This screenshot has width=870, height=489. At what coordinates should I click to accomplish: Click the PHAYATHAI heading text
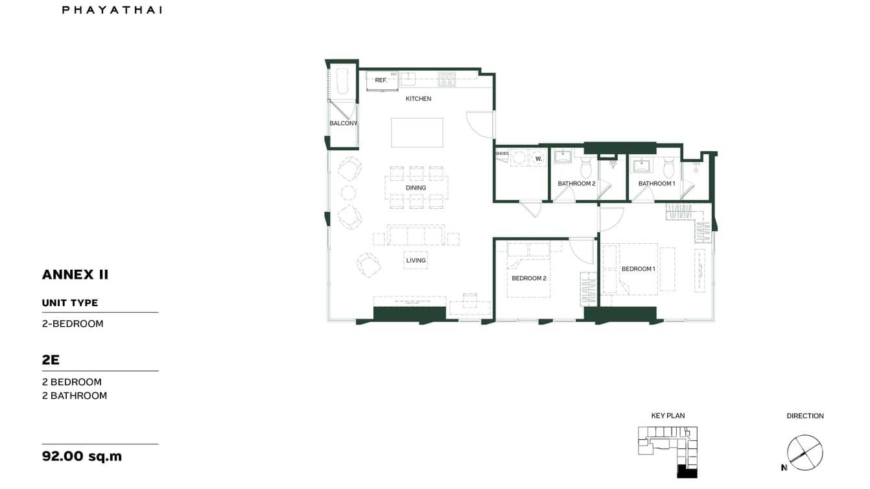[x=112, y=10]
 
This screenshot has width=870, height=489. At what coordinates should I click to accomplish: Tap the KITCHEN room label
[x=418, y=99]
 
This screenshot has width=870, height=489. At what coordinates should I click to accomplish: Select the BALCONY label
[x=343, y=123]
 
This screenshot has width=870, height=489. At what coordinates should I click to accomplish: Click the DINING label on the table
[x=416, y=188]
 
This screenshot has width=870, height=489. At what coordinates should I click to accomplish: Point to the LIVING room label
[x=416, y=261]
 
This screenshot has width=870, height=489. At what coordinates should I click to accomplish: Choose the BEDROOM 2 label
[x=529, y=278]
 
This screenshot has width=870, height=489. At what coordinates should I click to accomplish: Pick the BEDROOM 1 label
[x=638, y=268]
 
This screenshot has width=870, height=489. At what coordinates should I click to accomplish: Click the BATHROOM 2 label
[x=576, y=184]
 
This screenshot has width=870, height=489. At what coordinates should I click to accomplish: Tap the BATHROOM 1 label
[x=657, y=184]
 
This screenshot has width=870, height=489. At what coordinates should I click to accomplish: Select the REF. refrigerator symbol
[x=381, y=80]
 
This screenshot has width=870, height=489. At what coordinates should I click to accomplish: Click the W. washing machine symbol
[x=538, y=158]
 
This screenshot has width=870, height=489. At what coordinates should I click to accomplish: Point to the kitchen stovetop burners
[x=446, y=80]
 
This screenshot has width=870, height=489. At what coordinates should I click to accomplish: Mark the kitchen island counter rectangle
[x=417, y=132]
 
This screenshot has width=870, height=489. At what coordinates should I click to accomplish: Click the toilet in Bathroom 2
[x=586, y=169]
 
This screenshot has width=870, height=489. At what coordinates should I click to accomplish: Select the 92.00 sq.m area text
[x=82, y=456]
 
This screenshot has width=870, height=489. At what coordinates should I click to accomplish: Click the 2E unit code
[x=51, y=359]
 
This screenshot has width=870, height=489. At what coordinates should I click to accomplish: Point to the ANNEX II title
[x=75, y=274]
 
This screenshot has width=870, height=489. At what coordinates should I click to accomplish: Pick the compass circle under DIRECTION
[x=805, y=452]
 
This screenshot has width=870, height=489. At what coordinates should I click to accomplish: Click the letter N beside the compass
[x=784, y=467]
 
